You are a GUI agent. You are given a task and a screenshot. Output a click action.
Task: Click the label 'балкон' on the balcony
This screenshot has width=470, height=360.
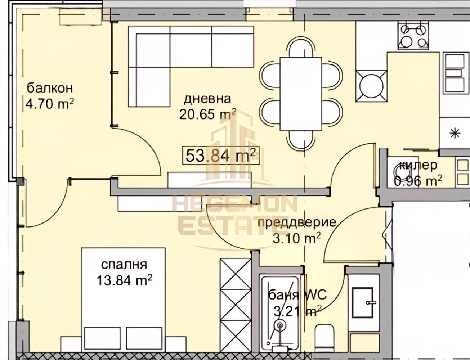click(x=50, y=89)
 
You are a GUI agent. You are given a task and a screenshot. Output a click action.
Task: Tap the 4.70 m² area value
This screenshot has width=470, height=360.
click(x=50, y=104)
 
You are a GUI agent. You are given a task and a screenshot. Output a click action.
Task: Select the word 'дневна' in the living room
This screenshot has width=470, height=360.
click(x=207, y=99)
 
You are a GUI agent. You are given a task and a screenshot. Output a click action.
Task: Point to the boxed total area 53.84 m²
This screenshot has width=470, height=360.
click(x=221, y=155)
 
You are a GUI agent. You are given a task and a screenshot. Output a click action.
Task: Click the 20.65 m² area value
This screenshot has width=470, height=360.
click(x=207, y=114)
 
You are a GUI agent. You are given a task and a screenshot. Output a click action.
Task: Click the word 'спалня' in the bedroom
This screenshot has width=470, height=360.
click(x=124, y=265)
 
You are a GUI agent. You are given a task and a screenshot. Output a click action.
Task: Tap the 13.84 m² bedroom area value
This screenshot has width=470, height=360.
click(x=124, y=280)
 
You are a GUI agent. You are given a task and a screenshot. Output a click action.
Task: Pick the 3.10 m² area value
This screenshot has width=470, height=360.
click(x=296, y=238)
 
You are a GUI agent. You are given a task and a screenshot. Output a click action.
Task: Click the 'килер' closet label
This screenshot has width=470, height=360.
click(x=418, y=165)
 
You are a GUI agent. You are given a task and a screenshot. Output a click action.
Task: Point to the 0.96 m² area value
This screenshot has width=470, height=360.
click(x=418, y=181)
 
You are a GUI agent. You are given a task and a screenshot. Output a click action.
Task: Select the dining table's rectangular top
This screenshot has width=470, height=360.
click(x=301, y=94)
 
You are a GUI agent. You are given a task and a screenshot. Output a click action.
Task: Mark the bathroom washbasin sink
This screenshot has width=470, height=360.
click(x=363, y=303)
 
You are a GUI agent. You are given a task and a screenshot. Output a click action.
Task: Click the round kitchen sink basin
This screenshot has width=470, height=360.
click(x=371, y=86)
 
